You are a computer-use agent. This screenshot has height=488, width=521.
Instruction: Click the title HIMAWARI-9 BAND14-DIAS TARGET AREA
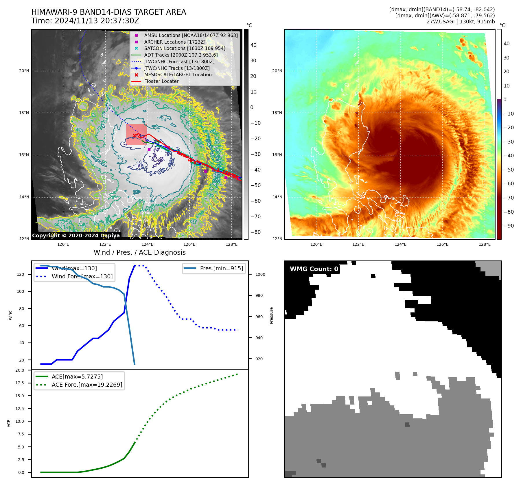108,12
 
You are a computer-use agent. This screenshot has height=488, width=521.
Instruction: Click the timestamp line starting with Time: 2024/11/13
85,21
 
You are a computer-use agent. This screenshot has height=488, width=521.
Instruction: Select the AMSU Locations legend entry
191,35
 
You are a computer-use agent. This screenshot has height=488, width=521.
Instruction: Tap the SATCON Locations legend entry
185,48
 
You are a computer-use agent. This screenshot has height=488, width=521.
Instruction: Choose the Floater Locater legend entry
161,81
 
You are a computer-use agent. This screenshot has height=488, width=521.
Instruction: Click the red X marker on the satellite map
135,135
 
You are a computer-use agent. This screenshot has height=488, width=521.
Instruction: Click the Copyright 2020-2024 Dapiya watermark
76,235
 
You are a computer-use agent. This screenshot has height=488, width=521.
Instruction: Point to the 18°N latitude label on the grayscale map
24,113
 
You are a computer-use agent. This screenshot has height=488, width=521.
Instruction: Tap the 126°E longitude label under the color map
442,244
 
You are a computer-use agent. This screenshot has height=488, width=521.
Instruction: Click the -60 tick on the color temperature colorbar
509,184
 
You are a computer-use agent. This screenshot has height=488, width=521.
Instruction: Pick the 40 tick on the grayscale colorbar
253,45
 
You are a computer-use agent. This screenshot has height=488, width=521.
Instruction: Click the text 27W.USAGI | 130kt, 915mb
461,22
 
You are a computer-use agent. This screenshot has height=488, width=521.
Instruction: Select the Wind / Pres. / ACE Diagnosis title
139,252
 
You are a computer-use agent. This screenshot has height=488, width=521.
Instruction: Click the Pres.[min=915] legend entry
221,268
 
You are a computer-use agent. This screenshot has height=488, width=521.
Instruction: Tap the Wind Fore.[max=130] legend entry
82,276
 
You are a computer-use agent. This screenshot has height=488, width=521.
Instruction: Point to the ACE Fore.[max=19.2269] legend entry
87,385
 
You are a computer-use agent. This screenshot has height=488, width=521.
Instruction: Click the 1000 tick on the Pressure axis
260,274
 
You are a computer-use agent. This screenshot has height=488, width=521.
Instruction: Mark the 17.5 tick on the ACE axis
20,383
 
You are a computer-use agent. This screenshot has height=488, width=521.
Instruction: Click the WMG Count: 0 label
314,269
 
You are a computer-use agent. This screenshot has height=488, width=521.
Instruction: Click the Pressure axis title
271,315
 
